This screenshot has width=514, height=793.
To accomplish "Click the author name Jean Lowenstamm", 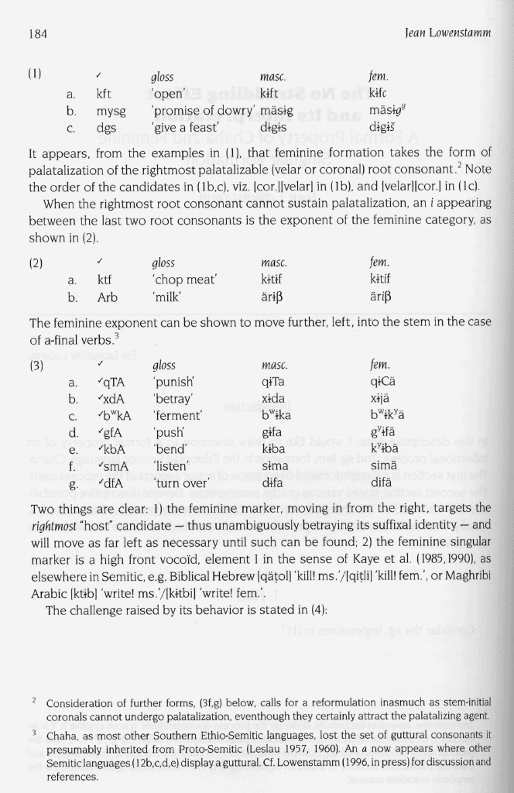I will pyautogui.click(x=448, y=33).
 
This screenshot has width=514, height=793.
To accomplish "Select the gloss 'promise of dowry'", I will pyautogui.click(x=193, y=112).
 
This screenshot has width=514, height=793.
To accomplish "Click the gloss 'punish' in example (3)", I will pyautogui.click(x=177, y=383).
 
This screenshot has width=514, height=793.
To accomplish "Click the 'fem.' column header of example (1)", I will pyautogui.click(x=379, y=77).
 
